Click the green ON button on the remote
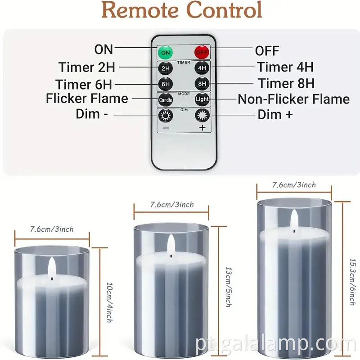(165, 52)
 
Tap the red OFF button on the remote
(202, 52)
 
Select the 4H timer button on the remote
(202, 68)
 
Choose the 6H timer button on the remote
(165, 84)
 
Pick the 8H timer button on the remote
(202, 84)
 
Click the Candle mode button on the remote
(165, 99)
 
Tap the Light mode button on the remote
(202, 99)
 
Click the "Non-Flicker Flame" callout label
(293, 99)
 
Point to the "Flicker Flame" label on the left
(87, 99)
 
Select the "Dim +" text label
(275, 115)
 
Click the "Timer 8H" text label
(286, 83)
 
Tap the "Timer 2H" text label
(86, 67)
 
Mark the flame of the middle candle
(171, 245)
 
